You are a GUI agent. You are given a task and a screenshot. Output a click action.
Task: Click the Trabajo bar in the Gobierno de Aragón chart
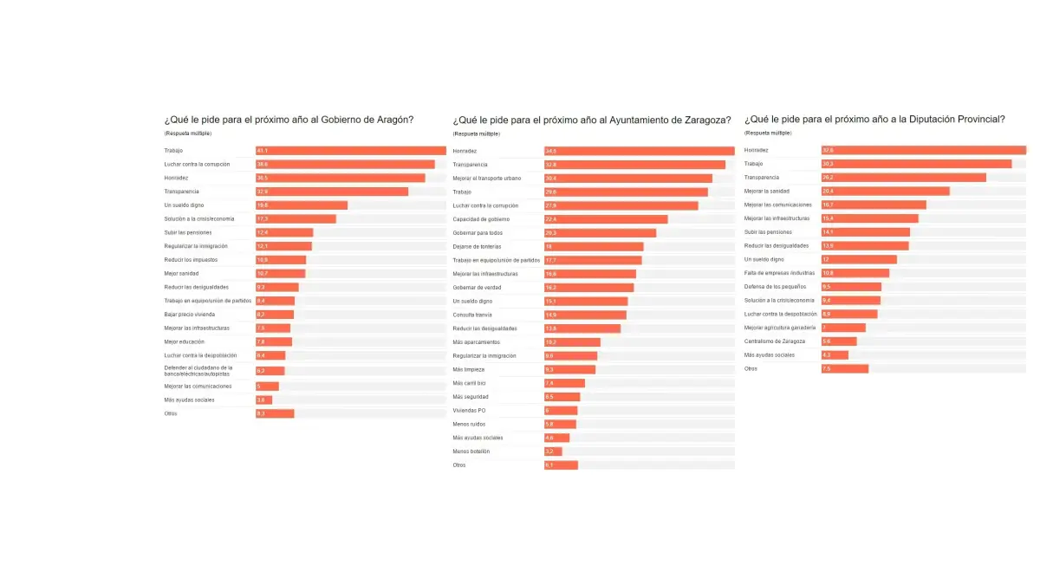[x=350, y=151]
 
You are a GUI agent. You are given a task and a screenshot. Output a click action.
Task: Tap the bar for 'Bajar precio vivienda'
[x=275, y=315]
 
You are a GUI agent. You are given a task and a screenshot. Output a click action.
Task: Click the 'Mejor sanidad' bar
[x=280, y=273]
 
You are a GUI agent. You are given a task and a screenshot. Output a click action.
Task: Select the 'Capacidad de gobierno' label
[x=480, y=219]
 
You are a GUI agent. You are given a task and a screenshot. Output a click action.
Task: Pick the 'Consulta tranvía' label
[x=472, y=315]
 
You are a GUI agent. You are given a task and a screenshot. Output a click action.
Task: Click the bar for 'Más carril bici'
[x=564, y=383]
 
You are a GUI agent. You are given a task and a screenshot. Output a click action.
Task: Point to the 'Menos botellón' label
[x=471, y=452]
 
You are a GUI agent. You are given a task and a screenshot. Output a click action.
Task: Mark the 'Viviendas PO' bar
[x=561, y=410]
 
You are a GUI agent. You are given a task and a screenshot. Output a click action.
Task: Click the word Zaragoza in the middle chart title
[x=705, y=120]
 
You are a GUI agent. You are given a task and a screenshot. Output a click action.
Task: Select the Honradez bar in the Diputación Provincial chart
[x=923, y=151]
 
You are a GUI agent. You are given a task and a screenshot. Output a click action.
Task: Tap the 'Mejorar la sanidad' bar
[x=885, y=192]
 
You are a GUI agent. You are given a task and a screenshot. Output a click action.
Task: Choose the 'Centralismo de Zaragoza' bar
[x=839, y=341]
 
